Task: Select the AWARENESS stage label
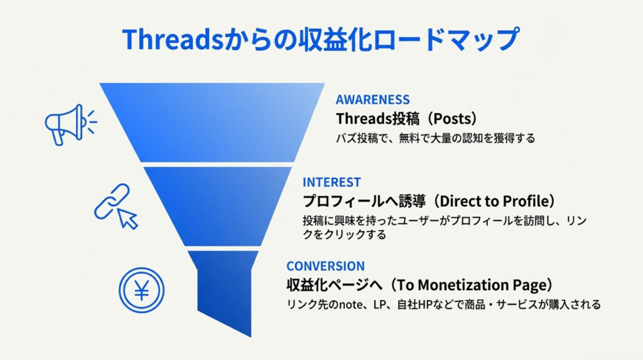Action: click(x=372, y=99)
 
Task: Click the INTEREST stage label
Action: click(x=332, y=182)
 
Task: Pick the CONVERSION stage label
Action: click(x=325, y=266)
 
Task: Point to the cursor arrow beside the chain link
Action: click(x=128, y=218)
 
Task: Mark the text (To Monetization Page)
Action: click(x=470, y=285)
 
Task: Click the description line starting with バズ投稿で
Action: click(x=435, y=138)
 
